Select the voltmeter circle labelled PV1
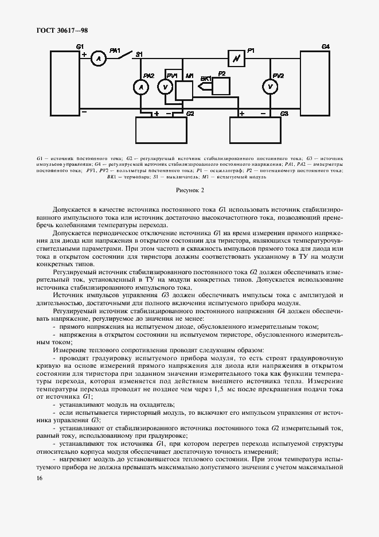click(x=165, y=87)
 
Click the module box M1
click(x=184, y=90)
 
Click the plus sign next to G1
click(x=84, y=55)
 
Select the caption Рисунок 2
click(x=189, y=189)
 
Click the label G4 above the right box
click(x=325, y=45)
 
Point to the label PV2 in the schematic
click(x=278, y=75)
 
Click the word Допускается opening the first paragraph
click(x=73, y=210)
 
